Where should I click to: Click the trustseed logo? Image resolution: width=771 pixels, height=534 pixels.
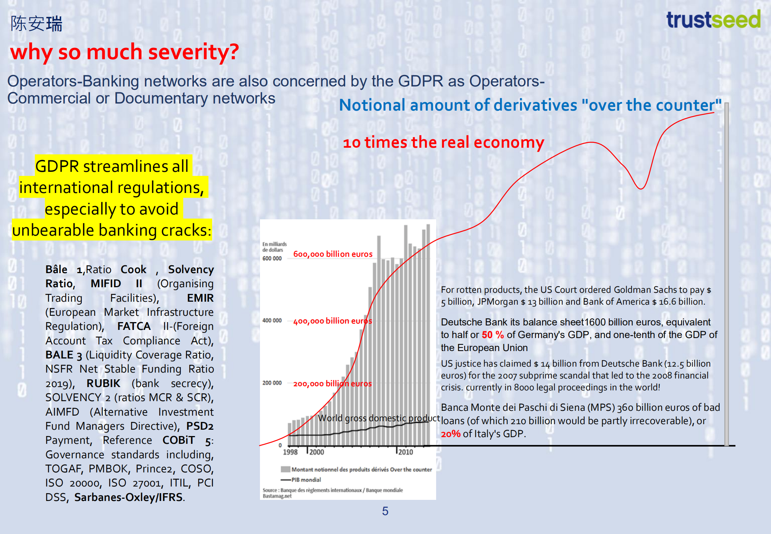[713, 20]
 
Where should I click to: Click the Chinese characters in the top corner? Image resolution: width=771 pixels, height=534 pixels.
[36, 24]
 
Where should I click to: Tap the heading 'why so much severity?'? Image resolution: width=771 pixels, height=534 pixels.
[124, 52]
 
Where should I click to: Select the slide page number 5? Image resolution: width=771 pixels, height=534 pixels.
[385, 511]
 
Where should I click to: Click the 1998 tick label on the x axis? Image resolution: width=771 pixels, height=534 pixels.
[290, 452]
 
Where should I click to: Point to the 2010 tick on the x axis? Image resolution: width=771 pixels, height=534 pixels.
[405, 452]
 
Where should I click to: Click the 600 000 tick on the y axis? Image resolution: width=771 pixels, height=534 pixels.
[272, 258]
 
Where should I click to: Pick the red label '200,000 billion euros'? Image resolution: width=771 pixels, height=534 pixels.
[332, 384]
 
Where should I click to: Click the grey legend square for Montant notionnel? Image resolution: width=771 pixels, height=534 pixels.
[285, 469]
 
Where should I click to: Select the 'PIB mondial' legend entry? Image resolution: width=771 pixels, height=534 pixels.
[306, 479]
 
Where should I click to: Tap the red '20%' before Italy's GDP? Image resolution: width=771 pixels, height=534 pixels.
[450, 434]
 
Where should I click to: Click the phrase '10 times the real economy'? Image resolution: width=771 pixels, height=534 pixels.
[443, 142]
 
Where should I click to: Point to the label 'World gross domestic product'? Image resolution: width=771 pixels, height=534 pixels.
[378, 418]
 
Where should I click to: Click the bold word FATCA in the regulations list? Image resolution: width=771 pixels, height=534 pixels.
[134, 326]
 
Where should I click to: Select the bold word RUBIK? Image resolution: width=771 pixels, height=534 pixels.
[103, 383]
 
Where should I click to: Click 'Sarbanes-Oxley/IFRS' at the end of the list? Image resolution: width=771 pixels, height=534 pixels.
[128, 497]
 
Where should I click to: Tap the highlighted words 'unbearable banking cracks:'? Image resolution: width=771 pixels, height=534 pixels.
[112, 230]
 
